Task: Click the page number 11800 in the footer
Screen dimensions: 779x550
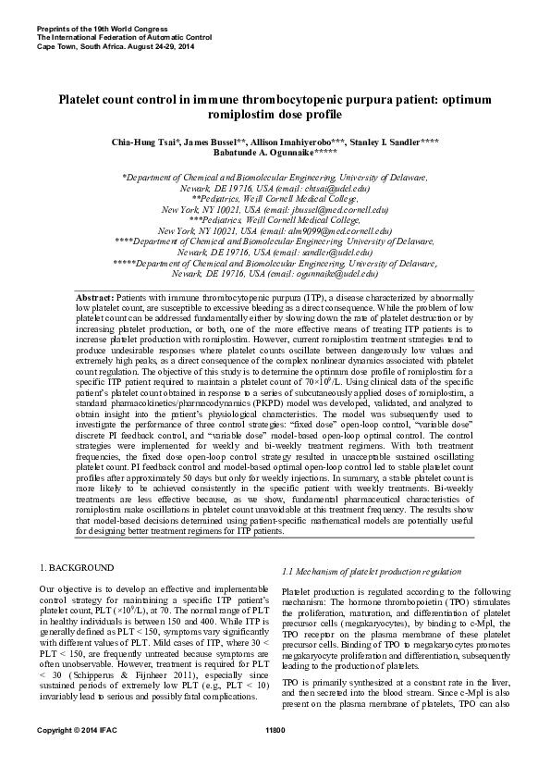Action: pyautogui.click(x=275, y=756)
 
